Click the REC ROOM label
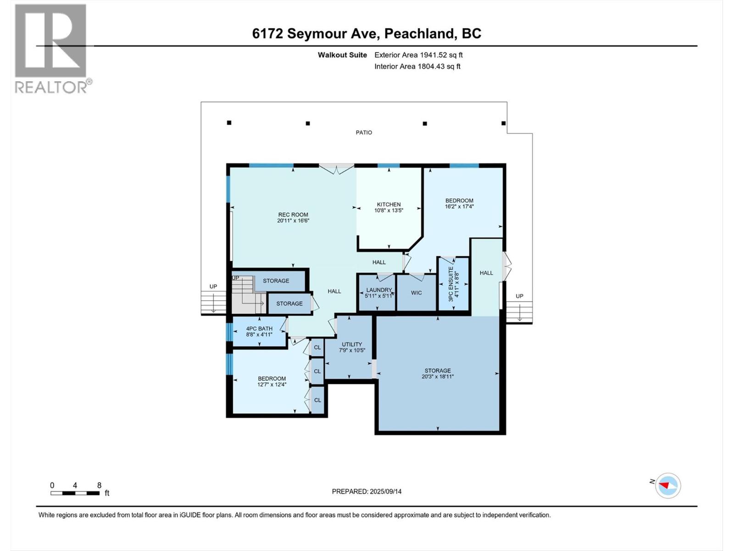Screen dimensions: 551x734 [293, 214]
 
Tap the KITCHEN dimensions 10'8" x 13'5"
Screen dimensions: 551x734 [389, 211]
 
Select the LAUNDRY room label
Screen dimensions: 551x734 [379, 290]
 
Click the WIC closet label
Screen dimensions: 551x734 [416, 293]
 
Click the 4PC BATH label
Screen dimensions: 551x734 [259, 329]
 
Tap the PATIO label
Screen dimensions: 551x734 [364, 133]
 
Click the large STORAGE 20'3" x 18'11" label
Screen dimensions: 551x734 [437, 373]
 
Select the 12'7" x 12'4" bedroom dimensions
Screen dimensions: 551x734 [272, 385]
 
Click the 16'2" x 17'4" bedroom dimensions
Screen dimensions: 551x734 [459, 207]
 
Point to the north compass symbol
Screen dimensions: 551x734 [668, 485]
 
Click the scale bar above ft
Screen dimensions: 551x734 [75, 493]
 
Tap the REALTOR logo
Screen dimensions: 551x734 [51, 48]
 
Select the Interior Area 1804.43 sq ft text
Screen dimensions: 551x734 [417, 67]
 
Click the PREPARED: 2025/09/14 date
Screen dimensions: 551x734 [367, 491]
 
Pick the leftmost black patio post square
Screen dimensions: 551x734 [229, 123]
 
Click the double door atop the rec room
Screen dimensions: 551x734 [337, 169]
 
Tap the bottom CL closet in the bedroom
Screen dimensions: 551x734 [317, 400]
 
